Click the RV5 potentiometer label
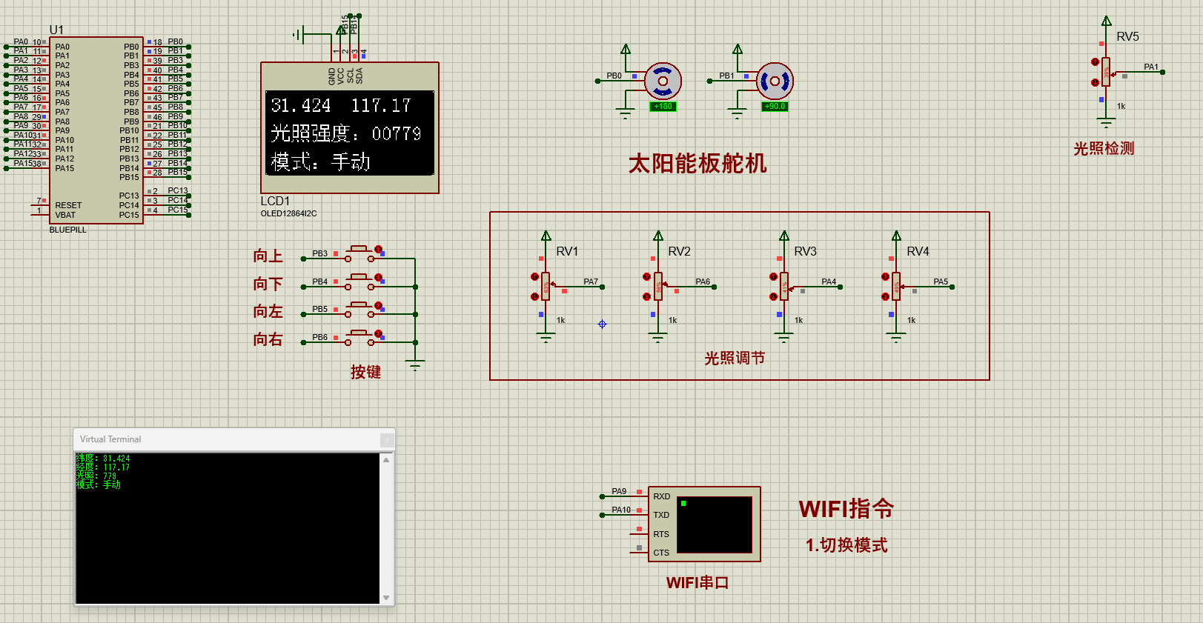pyautogui.click(x=1127, y=36)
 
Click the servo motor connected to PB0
pyautogui.click(x=663, y=81)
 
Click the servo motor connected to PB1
pyautogui.click(x=775, y=81)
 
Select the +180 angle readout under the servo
pyautogui.click(x=663, y=107)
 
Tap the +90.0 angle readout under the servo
pyautogui.click(x=775, y=107)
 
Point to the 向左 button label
pyautogui.click(x=268, y=312)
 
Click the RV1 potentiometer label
pyautogui.click(x=567, y=252)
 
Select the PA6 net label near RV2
pyautogui.click(x=703, y=281)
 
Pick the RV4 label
pyautogui.click(x=918, y=252)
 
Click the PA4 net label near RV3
pyautogui.click(x=829, y=281)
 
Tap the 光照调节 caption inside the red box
pyautogui.click(x=734, y=359)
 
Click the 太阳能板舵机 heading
pyautogui.click(x=697, y=164)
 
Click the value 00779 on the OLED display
pyautogui.click(x=397, y=134)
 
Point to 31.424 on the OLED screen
pyautogui.click(x=300, y=106)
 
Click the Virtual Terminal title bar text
pyautogui.click(x=110, y=439)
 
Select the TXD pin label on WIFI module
pyautogui.click(x=661, y=515)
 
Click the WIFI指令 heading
pyautogui.click(x=846, y=509)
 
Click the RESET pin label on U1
pyautogui.click(x=68, y=205)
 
